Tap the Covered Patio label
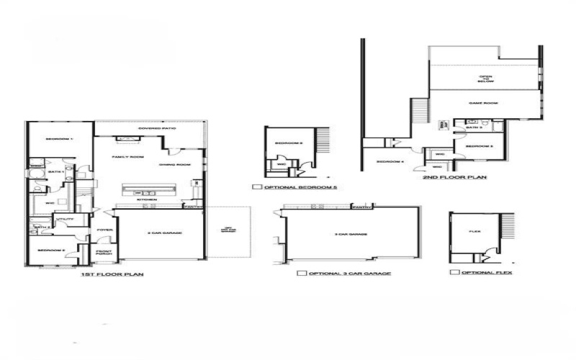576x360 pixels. [x=150, y=130]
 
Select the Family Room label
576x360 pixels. [x=128, y=156]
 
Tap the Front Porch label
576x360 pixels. [x=104, y=253]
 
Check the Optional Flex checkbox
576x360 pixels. [x=454, y=273]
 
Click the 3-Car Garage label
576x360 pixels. [x=352, y=234]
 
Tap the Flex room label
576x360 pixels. [x=474, y=233]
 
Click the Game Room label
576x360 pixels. [x=483, y=104]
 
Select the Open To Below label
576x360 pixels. [x=486, y=79]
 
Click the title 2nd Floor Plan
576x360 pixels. [x=464, y=176]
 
